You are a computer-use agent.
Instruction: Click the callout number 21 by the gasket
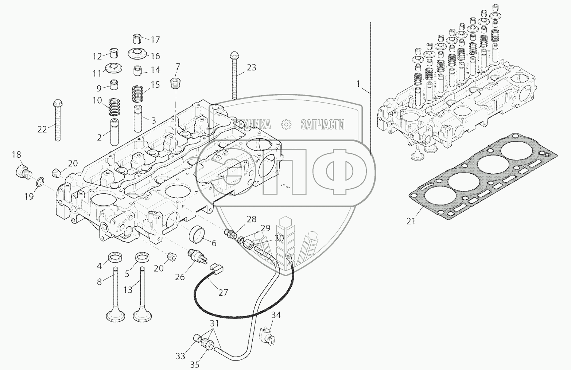[x=411, y=221]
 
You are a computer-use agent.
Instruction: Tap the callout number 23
[x=251, y=68]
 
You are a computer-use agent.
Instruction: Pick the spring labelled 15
[x=137, y=93]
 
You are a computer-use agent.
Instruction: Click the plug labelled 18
[x=23, y=171]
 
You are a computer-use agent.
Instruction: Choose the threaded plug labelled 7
[x=176, y=83]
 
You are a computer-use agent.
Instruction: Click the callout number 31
[x=214, y=324]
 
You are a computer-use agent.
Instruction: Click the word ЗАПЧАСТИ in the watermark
[x=322, y=125]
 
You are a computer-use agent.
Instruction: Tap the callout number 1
[x=358, y=84]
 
